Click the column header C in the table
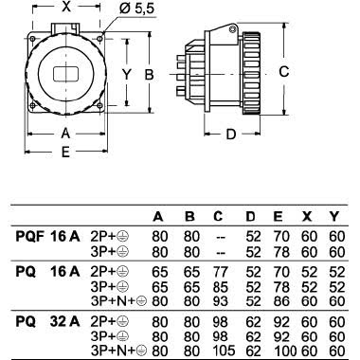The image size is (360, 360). (x=221, y=215)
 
